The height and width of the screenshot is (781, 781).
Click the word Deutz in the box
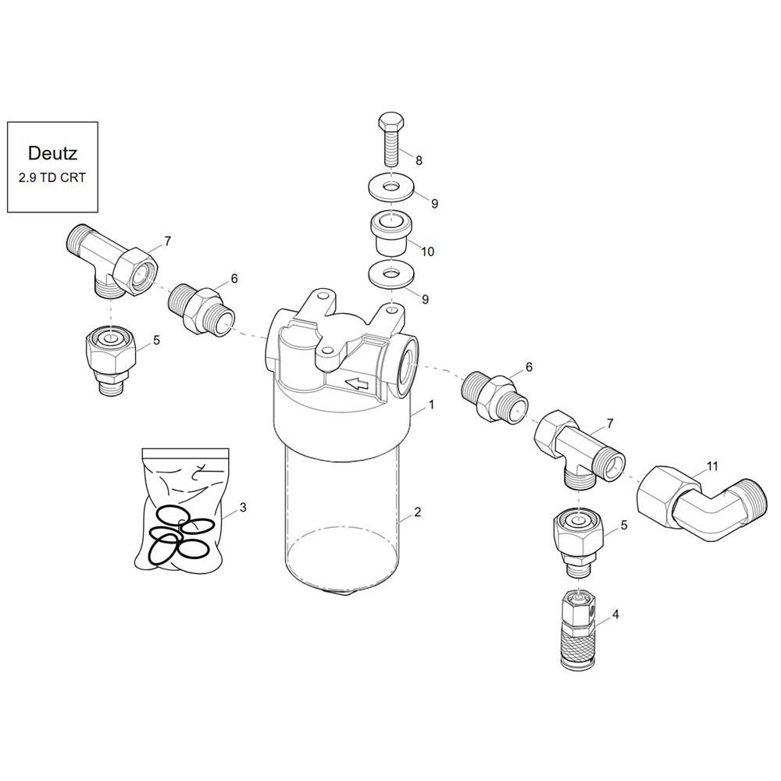click(52, 153)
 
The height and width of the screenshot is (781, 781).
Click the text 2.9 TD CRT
click(52, 177)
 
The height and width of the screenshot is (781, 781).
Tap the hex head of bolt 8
click(391, 121)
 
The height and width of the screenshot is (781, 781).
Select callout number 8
click(419, 160)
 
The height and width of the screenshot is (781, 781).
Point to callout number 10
click(428, 251)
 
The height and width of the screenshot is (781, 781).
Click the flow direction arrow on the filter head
click(357, 383)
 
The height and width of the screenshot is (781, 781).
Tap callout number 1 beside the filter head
click(431, 405)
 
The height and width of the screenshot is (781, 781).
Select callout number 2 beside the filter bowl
click(417, 512)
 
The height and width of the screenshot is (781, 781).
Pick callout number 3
click(243, 507)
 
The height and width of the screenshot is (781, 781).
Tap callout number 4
click(615, 615)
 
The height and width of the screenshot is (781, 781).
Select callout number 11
click(712, 466)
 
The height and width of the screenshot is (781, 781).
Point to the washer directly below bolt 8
click(391, 188)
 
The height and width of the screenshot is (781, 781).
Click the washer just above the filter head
click(391, 275)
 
